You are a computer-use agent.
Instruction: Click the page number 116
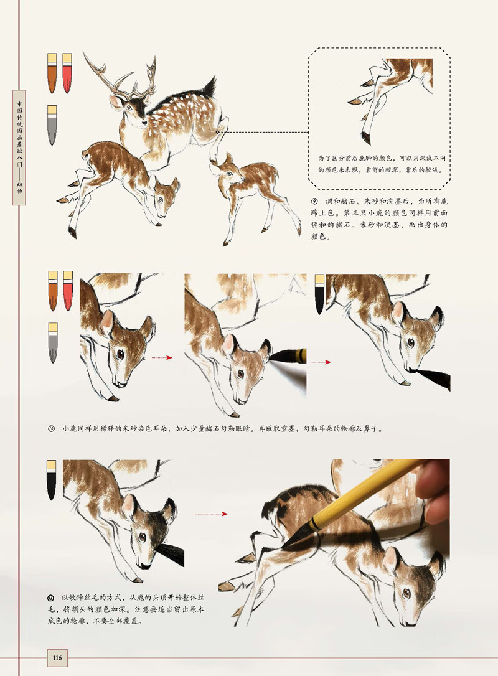pos(57,657)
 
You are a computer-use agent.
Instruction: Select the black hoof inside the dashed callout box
pos(365,138)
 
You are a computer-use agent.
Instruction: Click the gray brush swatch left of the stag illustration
pos(52,125)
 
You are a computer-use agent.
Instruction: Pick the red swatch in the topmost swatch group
pos(67,73)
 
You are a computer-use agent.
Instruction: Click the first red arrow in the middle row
pos(161,358)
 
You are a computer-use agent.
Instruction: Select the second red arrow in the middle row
pos(321,362)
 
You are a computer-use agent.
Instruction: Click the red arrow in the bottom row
pos(212,514)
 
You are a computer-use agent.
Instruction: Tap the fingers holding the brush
pos(436,492)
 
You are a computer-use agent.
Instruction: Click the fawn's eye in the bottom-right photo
pos(406,593)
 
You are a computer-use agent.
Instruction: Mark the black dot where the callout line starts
pos(217,132)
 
